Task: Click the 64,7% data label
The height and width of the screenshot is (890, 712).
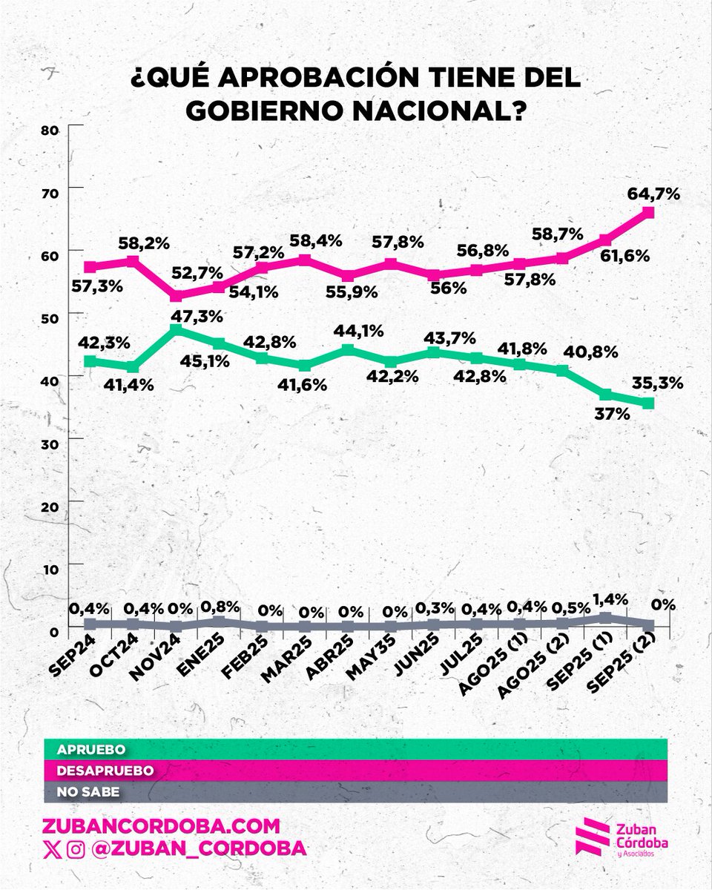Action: (653, 194)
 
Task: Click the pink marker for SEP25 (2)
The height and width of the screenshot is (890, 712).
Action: (647, 213)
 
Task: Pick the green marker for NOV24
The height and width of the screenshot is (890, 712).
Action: (175, 328)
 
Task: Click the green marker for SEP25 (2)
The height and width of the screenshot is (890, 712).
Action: (647, 403)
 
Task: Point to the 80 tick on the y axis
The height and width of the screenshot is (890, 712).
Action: (49, 130)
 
